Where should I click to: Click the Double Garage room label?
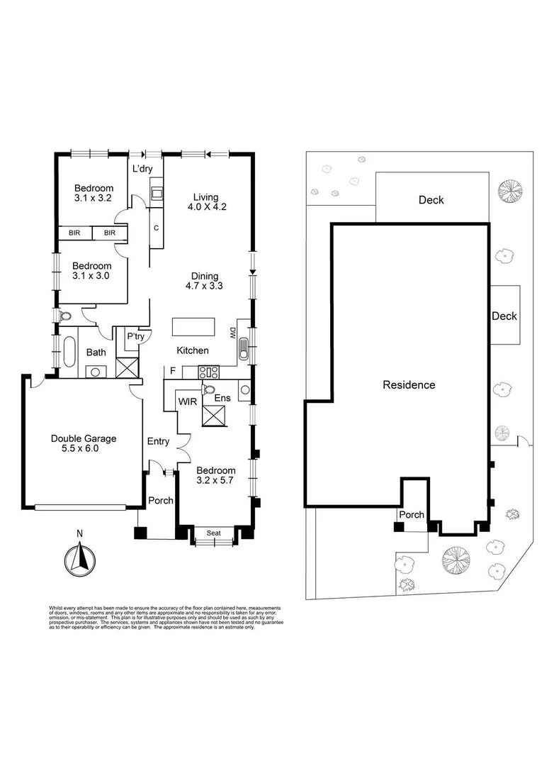point(84,444)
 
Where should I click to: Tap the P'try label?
point(135,337)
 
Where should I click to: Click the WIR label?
point(188,401)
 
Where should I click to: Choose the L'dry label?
point(143,169)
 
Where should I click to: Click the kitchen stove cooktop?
point(208,370)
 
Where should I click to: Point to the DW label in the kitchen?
point(232,333)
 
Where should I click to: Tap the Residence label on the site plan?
point(409,385)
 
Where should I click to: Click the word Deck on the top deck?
point(431,200)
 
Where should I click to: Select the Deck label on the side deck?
point(504,316)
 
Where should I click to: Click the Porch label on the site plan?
point(412,515)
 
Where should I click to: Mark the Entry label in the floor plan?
point(158,442)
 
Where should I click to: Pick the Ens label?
point(222,399)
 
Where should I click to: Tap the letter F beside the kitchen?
point(172,370)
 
